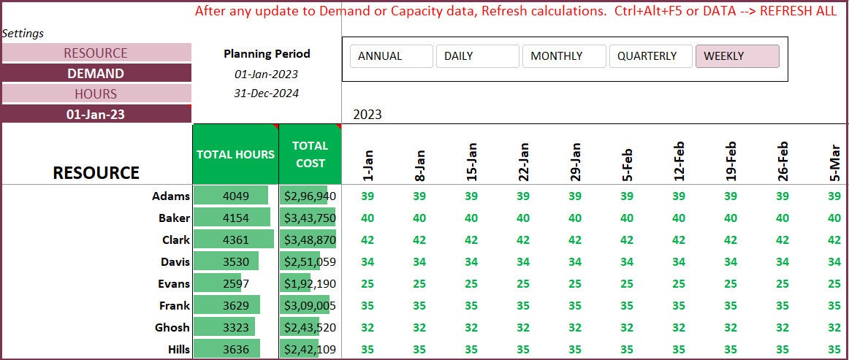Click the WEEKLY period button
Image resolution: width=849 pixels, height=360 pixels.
point(736,56)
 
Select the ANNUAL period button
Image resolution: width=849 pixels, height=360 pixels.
point(391,56)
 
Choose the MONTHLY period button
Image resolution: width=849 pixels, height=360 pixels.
point(564,56)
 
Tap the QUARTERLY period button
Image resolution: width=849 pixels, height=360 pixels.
point(650,56)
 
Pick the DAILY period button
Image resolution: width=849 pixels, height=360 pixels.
point(477,56)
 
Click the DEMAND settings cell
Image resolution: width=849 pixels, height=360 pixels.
point(96,73)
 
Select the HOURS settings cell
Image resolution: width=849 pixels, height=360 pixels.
point(96,93)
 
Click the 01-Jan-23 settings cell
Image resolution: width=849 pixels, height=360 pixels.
point(96,114)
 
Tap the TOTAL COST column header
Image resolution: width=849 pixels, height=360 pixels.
point(310,154)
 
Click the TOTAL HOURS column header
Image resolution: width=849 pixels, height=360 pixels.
point(235,154)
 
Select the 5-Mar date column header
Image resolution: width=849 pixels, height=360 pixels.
point(834,165)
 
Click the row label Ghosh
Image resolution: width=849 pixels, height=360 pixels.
point(172,327)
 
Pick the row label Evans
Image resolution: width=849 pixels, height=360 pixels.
point(173,283)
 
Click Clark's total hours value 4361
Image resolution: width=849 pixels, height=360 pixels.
point(235,240)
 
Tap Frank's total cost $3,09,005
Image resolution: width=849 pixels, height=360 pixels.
point(310,305)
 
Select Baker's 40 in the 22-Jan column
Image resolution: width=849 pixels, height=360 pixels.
point(523,218)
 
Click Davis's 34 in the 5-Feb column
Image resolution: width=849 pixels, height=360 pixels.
point(627,261)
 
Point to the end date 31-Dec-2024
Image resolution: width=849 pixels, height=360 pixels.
point(266,93)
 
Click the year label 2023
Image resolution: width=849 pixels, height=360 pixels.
point(368,114)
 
